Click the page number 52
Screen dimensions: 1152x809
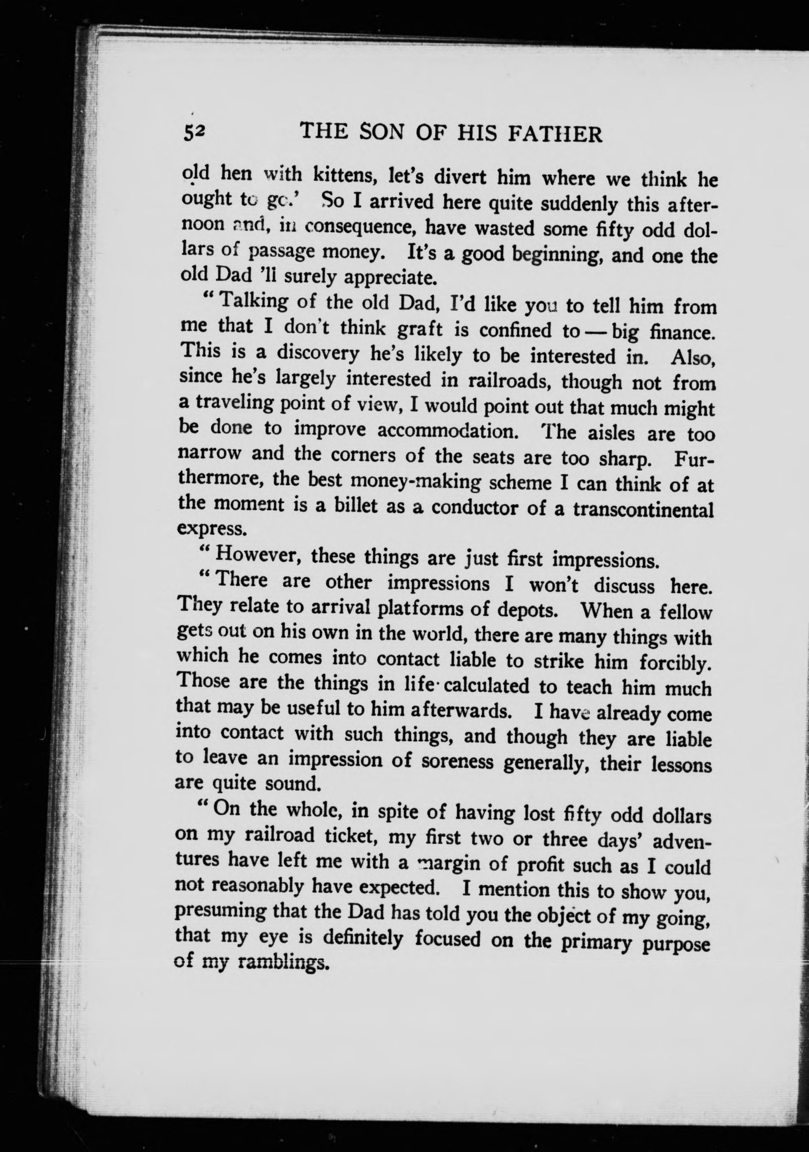click(194, 134)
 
